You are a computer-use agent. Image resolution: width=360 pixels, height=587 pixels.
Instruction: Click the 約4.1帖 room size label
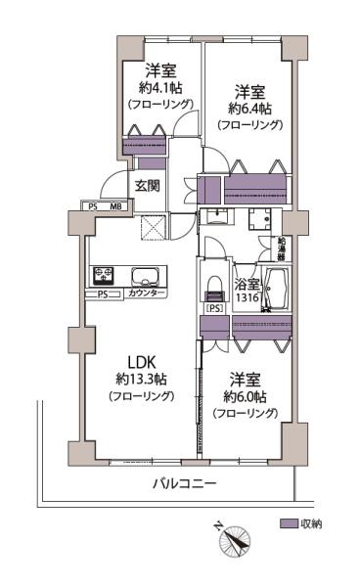click(x=160, y=88)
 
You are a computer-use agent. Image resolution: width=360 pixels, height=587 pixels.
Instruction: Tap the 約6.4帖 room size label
click(x=250, y=109)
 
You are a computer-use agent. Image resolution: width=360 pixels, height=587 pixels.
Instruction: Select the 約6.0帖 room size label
click(x=246, y=397)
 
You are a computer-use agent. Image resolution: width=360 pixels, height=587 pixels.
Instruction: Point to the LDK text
click(x=142, y=362)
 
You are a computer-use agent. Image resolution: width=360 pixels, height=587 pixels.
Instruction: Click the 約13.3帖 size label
click(x=141, y=380)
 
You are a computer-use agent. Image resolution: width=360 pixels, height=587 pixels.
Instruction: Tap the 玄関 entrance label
click(x=148, y=186)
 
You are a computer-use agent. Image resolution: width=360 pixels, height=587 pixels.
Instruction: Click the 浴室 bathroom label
click(x=247, y=285)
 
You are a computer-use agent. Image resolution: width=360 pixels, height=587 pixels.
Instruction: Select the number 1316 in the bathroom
click(x=247, y=297)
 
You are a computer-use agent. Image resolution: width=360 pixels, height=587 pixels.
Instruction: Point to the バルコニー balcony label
click(x=185, y=483)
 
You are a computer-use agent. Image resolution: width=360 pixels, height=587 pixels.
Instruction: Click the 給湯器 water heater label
click(x=281, y=248)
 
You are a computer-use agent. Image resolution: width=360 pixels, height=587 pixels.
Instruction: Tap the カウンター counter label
click(x=147, y=293)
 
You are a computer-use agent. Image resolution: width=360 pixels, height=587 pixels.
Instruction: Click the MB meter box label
click(x=115, y=205)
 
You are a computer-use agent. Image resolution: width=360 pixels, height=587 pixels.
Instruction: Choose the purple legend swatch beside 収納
click(x=289, y=523)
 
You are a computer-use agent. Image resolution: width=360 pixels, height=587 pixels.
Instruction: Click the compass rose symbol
click(x=235, y=539)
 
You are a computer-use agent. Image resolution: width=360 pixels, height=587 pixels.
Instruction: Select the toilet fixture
click(x=215, y=289)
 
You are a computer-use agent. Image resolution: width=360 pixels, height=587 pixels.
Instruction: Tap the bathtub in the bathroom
click(x=277, y=289)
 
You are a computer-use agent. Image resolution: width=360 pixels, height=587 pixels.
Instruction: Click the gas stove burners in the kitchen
click(x=103, y=276)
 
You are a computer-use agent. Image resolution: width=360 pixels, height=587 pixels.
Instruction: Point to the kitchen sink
click(x=145, y=276)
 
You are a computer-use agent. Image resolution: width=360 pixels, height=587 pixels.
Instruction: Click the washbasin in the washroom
click(x=216, y=216)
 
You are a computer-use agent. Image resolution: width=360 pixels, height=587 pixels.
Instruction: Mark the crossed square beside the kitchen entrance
click(x=153, y=227)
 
